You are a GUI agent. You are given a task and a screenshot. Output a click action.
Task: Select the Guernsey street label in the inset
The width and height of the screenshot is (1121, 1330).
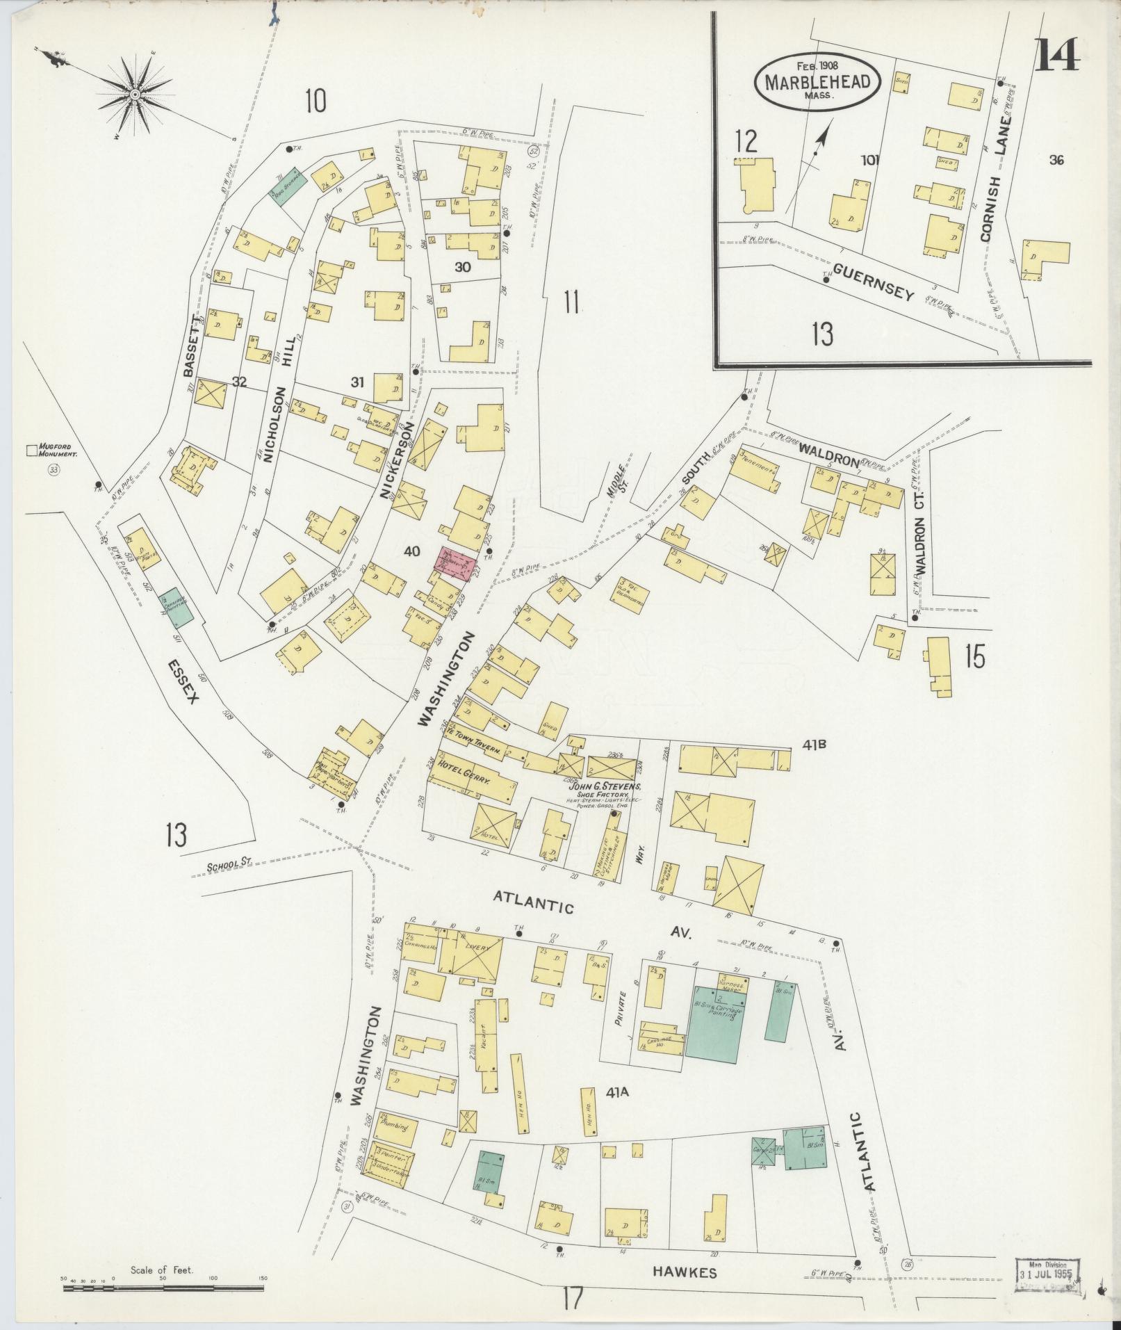pos(873,282)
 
